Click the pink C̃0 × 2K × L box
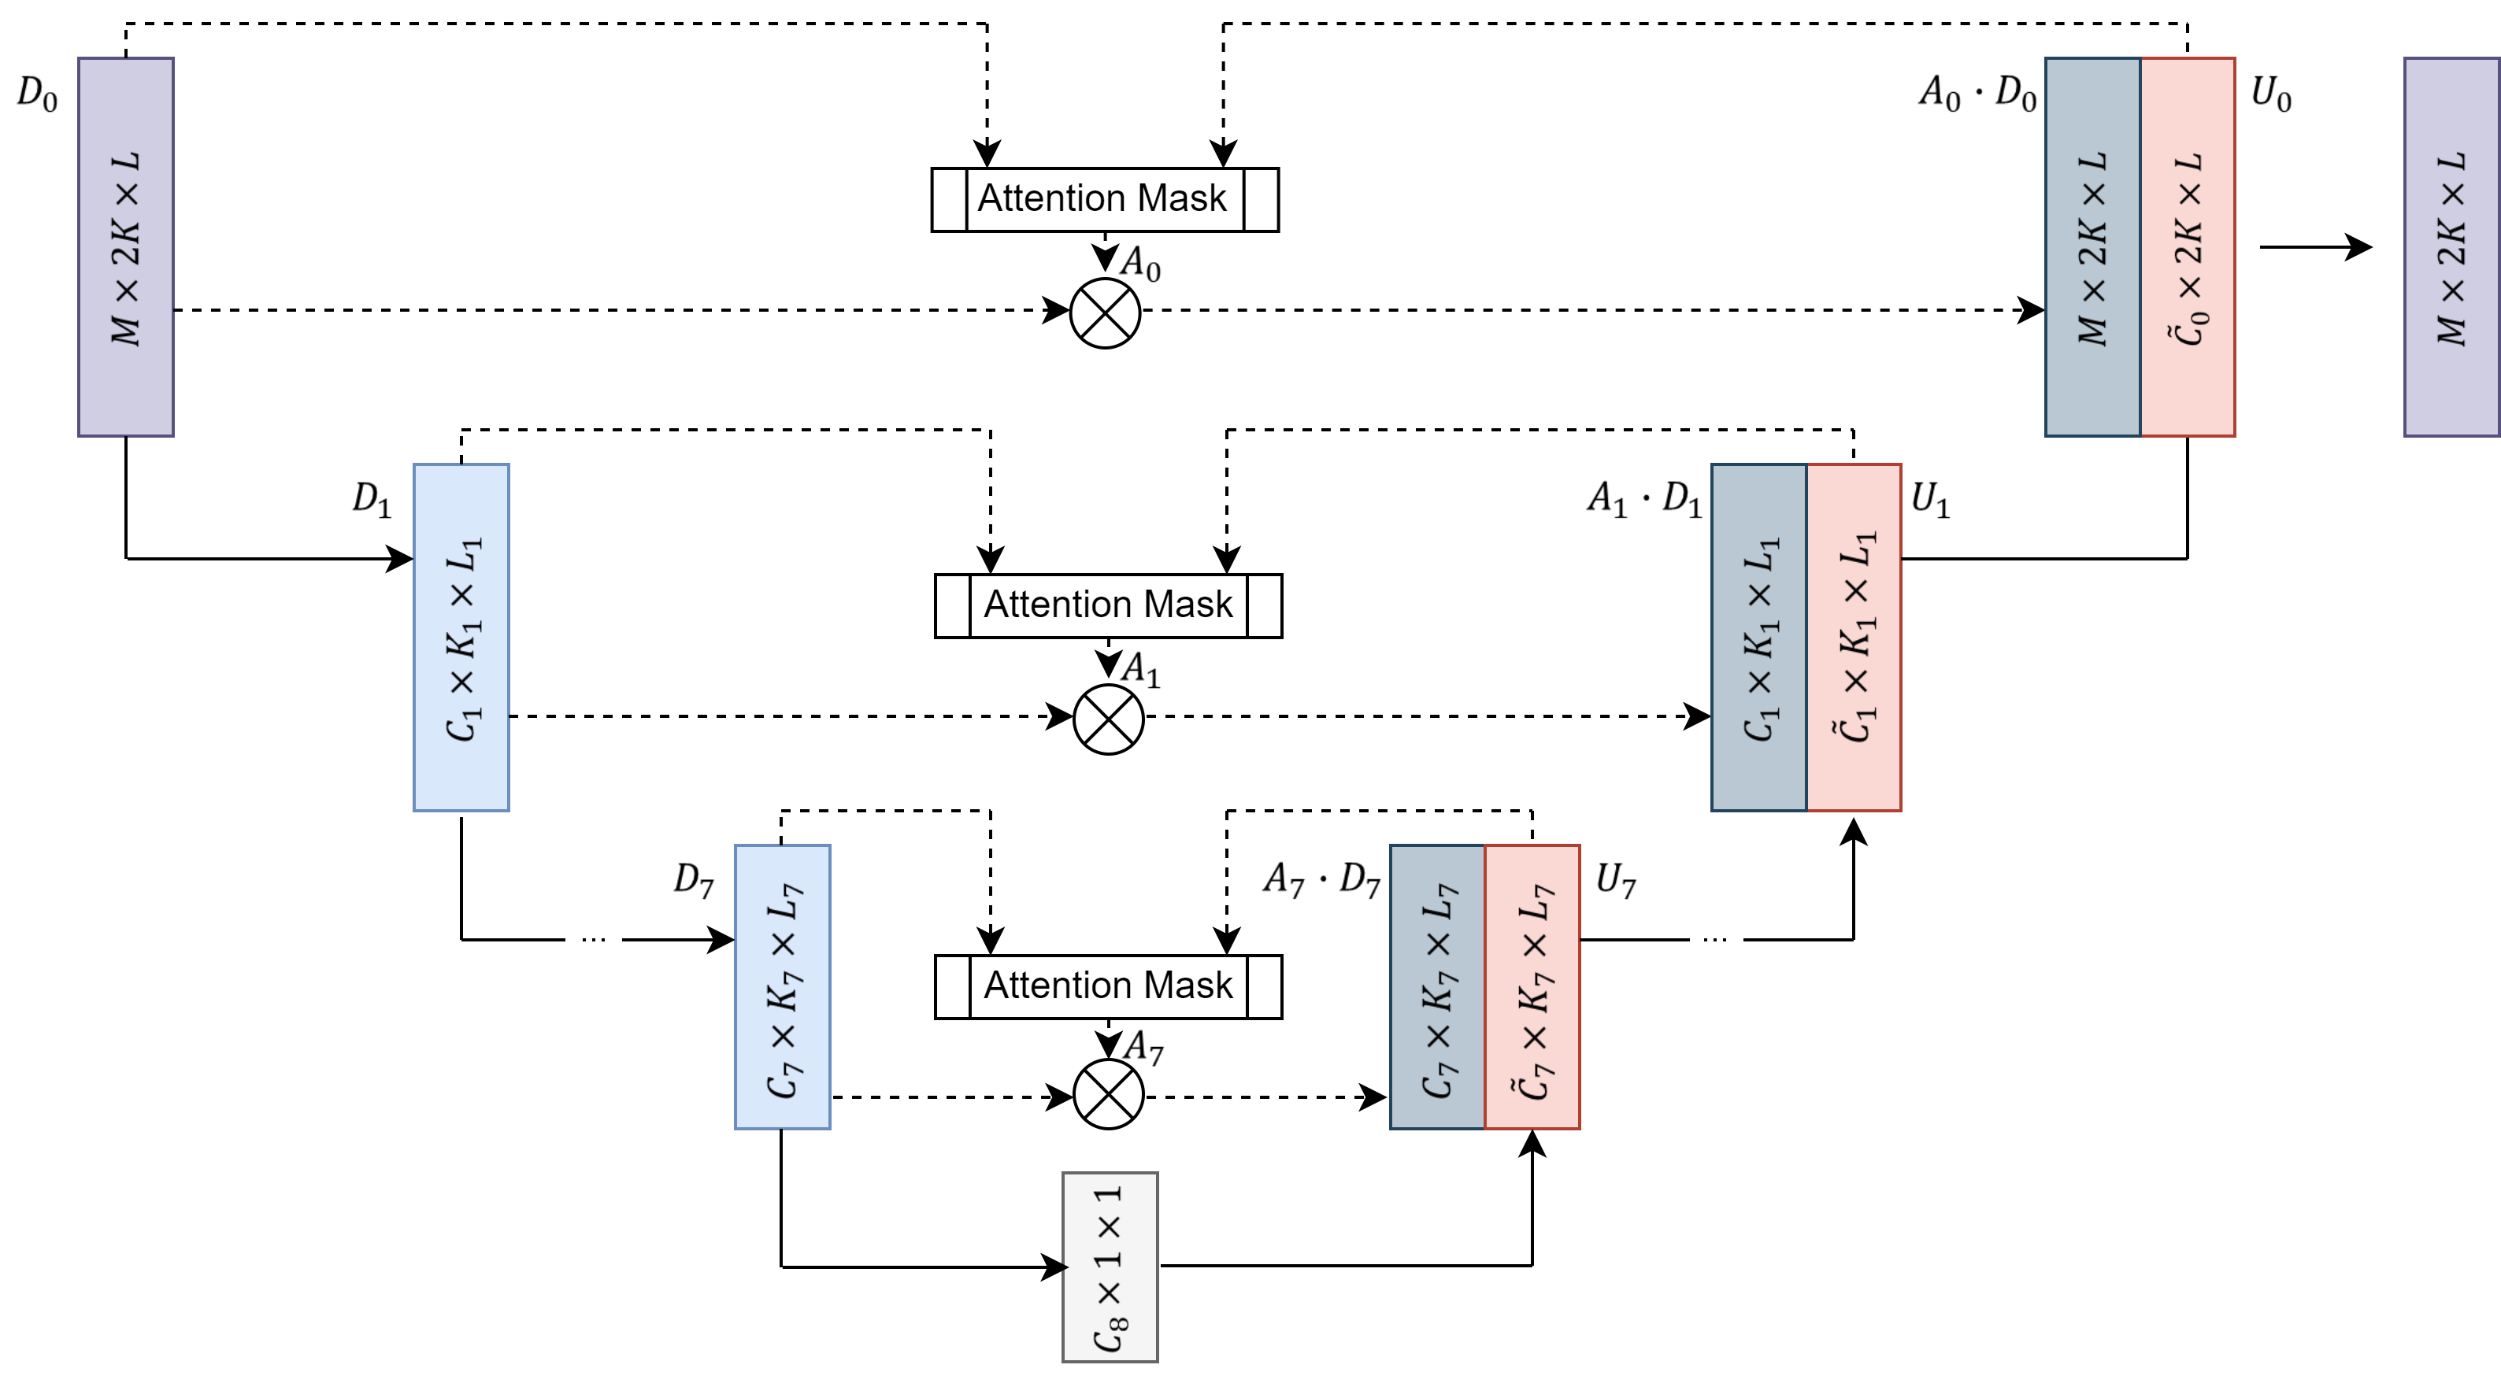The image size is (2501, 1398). pyautogui.click(x=2188, y=246)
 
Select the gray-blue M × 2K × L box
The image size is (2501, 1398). pyautogui.click(x=2092, y=246)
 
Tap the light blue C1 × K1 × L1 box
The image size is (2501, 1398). pyautogui.click(x=461, y=637)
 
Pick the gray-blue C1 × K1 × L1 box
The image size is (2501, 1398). pyautogui.click(x=1758, y=637)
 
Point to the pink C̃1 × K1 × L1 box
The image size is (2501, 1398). pyautogui.click(x=1854, y=637)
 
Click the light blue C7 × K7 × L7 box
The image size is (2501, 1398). pyautogui.click(x=783, y=986)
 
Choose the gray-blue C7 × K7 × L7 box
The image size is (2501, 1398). pyautogui.click(x=1437, y=986)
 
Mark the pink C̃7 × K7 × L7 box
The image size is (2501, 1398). pyautogui.click(x=1532, y=986)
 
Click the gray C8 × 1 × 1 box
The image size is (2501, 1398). pyautogui.click(x=1110, y=1267)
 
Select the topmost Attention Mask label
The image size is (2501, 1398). pyautogui.click(x=1104, y=199)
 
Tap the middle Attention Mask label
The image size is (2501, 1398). pyautogui.click(x=1108, y=605)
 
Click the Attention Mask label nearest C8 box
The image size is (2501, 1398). pyautogui.click(x=1108, y=986)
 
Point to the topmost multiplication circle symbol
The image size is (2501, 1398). pyautogui.click(x=1105, y=313)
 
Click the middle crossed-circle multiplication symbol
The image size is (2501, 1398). pyautogui.click(x=1108, y=719)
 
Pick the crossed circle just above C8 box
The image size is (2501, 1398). pyautogui.click(x=1108, y=1094)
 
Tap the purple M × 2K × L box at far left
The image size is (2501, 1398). pyautogui.click(x=126, y=246)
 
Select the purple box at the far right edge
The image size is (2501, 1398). pyautogui.click(x=2451, y=246)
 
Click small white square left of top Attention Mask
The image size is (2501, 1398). pyautogui.click(x=950, y=199)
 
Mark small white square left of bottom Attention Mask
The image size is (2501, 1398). pyautogui.click(x=952, y=986)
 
